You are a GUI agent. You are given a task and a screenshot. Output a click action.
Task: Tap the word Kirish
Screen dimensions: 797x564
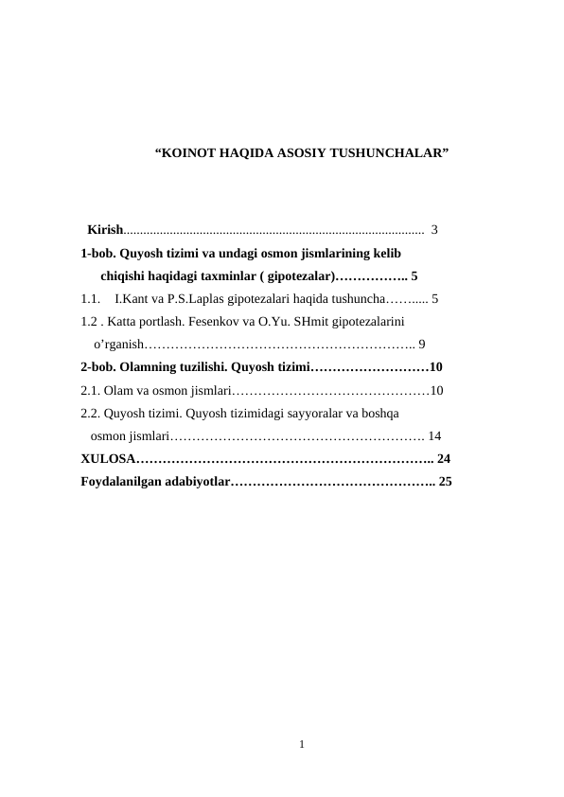104,229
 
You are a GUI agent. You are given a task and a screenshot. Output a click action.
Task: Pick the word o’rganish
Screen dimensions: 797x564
118,344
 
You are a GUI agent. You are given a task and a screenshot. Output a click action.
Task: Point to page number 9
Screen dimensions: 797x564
421,344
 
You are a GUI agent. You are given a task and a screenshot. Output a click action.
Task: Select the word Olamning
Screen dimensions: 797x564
154,366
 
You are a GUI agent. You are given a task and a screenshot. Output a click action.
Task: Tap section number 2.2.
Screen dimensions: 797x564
92,413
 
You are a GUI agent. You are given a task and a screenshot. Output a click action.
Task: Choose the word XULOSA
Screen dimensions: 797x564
108,458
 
